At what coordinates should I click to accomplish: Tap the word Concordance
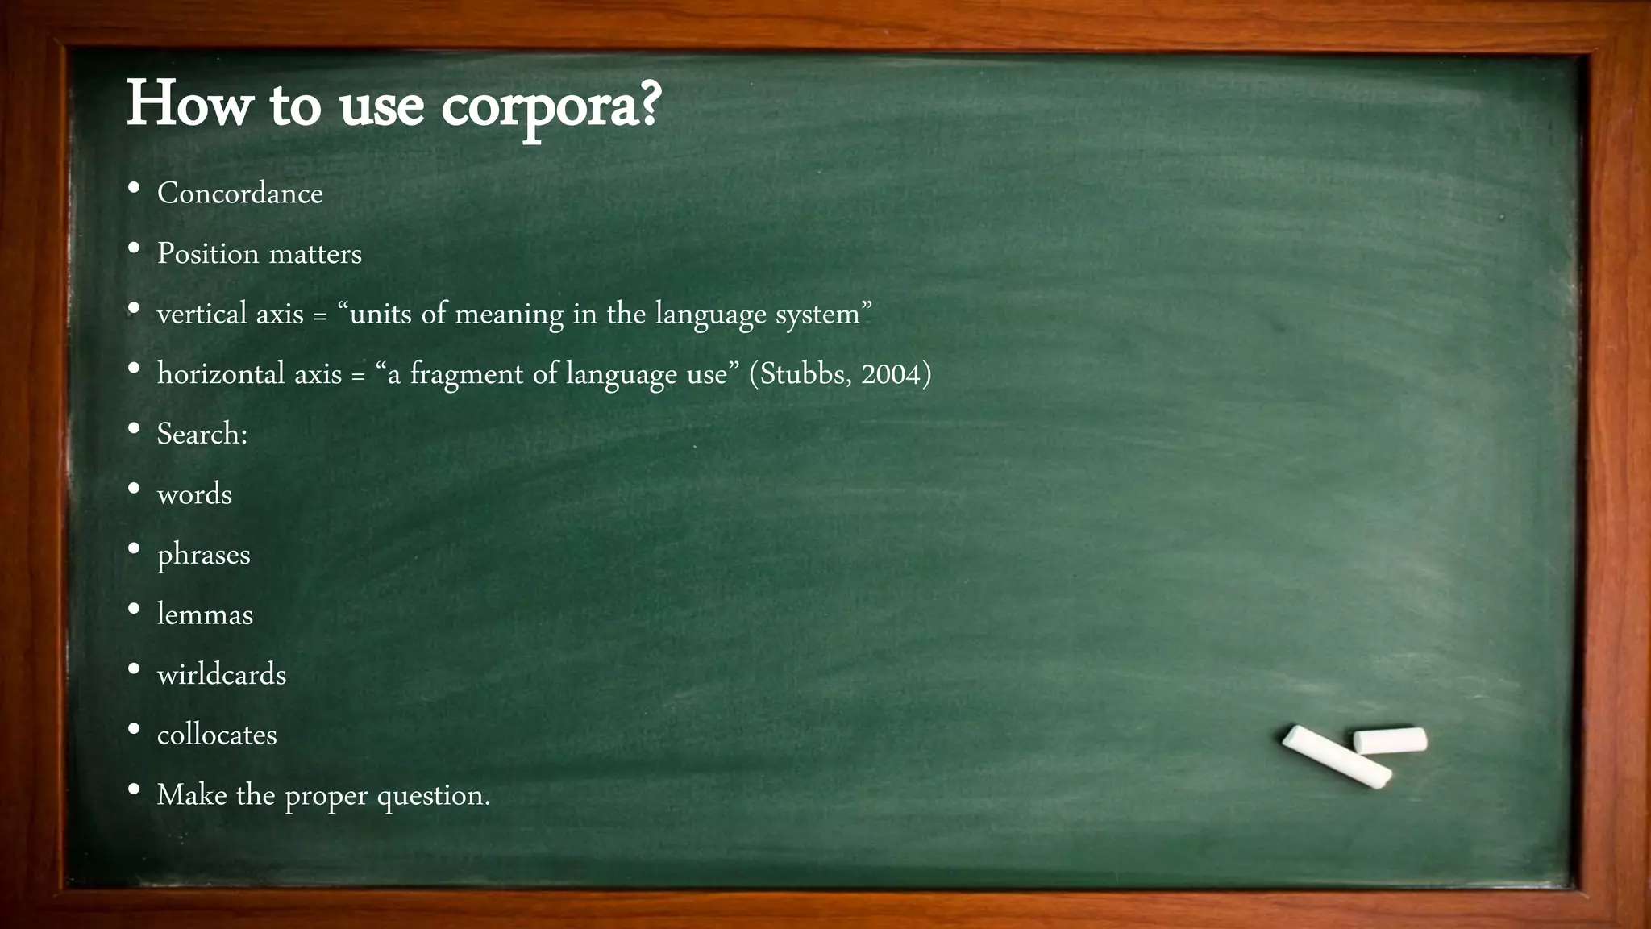239,194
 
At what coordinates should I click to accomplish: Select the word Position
207,254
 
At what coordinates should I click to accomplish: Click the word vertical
202,314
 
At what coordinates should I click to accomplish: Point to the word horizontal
221,374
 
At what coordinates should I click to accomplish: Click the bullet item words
194,494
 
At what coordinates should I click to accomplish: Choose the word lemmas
205,614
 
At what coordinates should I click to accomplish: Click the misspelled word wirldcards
222,675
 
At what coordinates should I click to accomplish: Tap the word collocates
217,735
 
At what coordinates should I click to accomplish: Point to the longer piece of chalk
1336,756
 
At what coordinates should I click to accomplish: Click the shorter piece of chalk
1390,740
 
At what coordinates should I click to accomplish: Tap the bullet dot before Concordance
134,188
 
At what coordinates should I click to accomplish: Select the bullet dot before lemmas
134,609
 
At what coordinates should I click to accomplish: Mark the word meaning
509,314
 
